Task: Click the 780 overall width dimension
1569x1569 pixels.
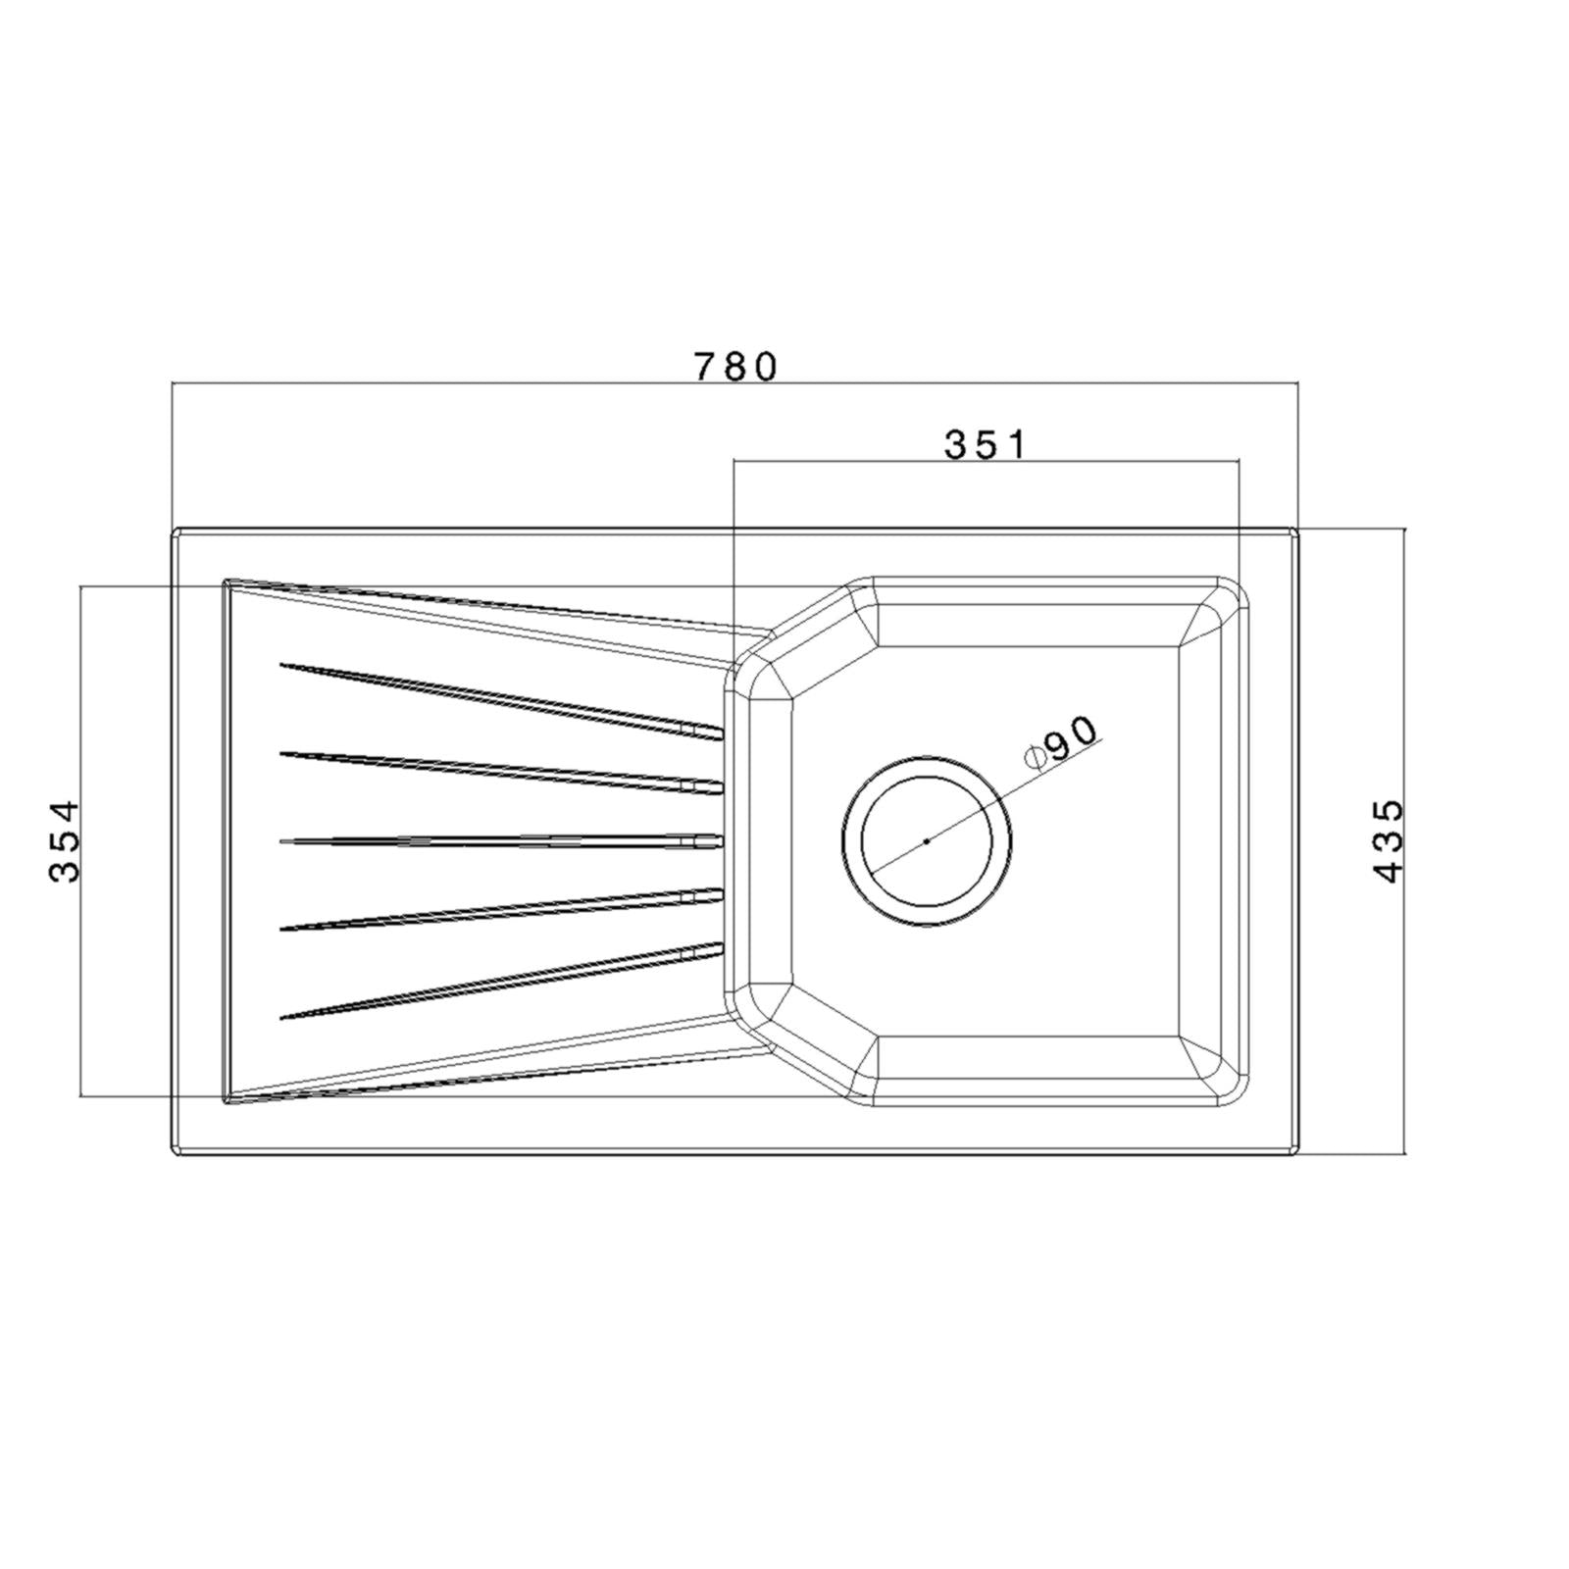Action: click(735, 366)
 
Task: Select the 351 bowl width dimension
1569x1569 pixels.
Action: click(986, 444)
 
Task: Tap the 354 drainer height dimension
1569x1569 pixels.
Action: click(64, 840)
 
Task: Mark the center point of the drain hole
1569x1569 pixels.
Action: click(926, 840)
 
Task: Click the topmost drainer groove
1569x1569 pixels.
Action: click(501, 698)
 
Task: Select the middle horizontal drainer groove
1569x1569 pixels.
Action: click(501, 839)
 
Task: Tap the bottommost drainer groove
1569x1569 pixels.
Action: click(501, 981)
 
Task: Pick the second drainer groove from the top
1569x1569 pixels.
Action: click(501, 771)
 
